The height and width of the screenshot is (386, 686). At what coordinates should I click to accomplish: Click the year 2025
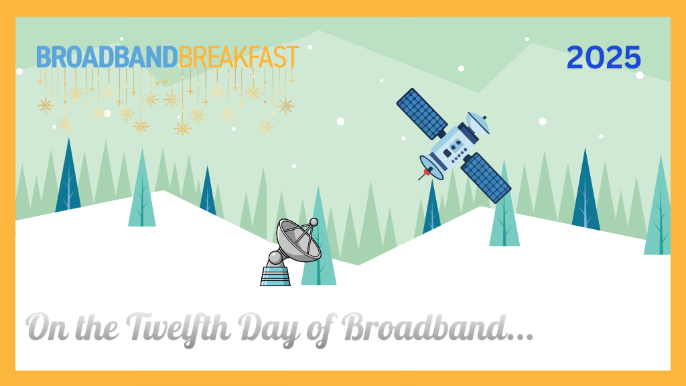pyautogui.click(x=604, y=58)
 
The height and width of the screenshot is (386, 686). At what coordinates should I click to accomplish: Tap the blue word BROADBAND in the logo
pyautogui.click(x=107, y=58)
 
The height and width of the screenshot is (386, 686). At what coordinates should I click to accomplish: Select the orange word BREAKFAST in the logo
pyautogui.click(x=238, y=58)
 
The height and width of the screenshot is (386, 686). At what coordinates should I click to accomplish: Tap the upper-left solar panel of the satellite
pyautogui.click(x=421, y=113)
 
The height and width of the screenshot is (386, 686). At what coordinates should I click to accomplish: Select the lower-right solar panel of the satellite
pyautogui.click(x=486, y=178)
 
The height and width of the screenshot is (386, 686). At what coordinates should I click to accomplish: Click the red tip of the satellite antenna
pyautogui.click(x=427, y=172)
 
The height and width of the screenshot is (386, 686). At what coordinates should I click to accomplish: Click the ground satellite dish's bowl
pyautogui.click(x=297, y=241)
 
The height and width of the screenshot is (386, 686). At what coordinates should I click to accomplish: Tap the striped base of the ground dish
pyautogui.click(x=275, y=275)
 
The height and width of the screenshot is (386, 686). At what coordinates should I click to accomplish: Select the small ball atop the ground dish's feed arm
pyautogui.click(x=314, y=222)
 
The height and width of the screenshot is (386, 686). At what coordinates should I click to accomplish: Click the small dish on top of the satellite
pyautogui.click(x=478, y=122)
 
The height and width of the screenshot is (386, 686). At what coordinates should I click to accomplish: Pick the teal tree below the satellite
pyautogui.click(x=504, y=221)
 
